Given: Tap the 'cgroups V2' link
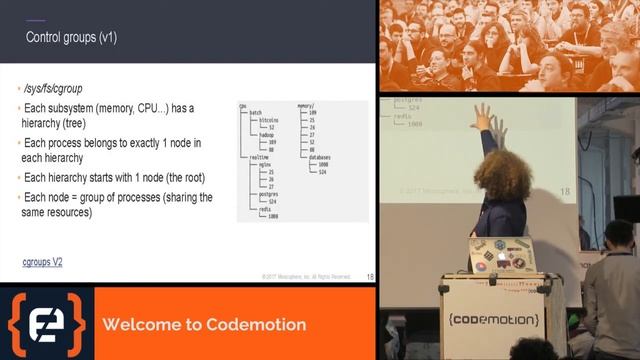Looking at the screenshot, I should pos(43,261).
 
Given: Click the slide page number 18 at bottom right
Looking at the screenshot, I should pos(370,277).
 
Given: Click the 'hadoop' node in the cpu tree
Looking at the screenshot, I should pos(267,134).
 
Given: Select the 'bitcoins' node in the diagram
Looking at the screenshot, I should pos(268,120).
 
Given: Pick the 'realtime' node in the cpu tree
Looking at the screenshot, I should pos(262,156).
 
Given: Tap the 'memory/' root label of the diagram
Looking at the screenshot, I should pos(308,104).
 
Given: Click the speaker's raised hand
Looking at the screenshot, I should pos(483,117).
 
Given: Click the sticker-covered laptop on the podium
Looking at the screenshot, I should pos(498,255).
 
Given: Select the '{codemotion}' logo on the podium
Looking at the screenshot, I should pos(494,319).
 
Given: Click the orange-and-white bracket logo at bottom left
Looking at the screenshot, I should pos(45,324).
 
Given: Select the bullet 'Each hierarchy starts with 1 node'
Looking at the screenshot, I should pos(114,178).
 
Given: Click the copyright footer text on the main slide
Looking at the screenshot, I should pos(306,277).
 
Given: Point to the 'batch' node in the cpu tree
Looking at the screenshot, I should pos(257,112).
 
